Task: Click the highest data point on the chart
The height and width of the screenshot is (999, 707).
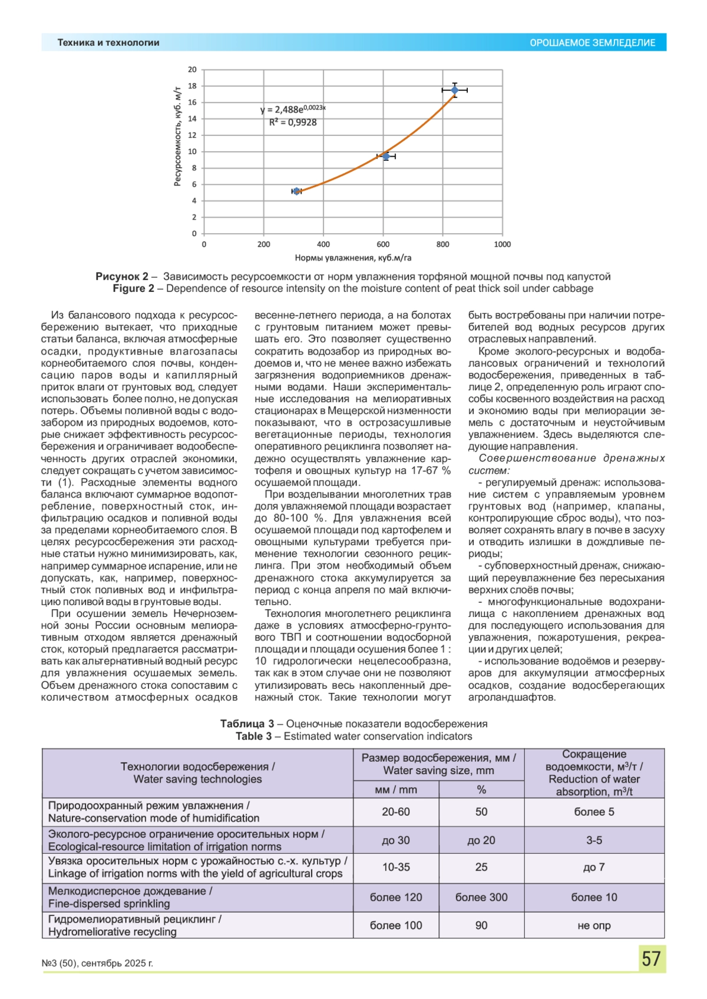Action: tap(454, 90)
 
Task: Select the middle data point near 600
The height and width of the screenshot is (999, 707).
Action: tap(386, 156)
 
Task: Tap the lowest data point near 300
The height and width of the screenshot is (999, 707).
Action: tap(297, 191)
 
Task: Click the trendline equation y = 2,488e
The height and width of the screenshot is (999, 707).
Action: tap(293, 109)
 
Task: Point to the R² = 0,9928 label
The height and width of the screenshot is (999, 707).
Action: tap(293, 122)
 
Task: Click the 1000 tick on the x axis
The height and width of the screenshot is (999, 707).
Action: tap(502, 244)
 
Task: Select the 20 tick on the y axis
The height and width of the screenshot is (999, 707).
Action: tap(193, 69)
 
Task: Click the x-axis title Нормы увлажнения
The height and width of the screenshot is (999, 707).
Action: tap(353, 258)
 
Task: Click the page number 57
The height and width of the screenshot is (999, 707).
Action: tap(651, 958)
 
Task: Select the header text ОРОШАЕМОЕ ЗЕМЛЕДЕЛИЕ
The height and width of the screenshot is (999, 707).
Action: tap(592, 43)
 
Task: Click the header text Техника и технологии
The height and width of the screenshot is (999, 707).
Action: tap(108, 43)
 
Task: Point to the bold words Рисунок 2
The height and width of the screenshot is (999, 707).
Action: tap(122, 277)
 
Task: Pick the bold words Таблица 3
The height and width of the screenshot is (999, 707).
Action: tap(247, 724)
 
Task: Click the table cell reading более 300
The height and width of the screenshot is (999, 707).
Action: tap(481, 897)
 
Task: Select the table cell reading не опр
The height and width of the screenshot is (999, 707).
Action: tap(594, 925)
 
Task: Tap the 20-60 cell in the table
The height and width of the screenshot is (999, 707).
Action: tap(396, 812)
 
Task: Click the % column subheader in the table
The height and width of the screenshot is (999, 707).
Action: tap(481, 790)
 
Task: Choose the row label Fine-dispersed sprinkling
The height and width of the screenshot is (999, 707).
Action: tap(109, 904)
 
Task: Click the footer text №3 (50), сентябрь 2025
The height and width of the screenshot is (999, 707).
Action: tap(97, 963)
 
